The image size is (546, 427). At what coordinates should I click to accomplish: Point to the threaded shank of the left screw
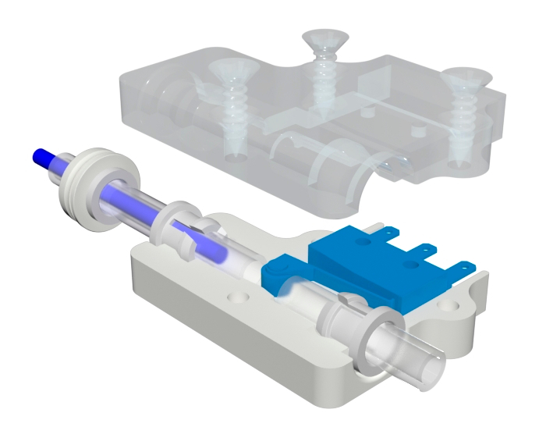click(x=234, y=117)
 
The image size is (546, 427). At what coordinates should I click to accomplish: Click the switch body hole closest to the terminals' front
click(x=414, y=265)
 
